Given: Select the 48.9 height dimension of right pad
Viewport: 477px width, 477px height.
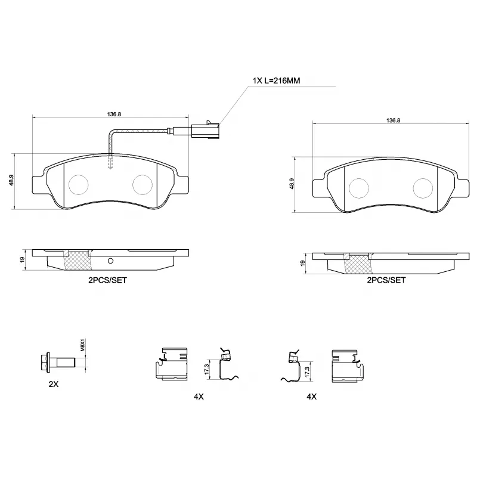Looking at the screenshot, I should [292, 184].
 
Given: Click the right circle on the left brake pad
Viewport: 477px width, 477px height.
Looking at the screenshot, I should [143, 185].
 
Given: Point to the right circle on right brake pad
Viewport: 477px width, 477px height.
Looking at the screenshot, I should [423, 188].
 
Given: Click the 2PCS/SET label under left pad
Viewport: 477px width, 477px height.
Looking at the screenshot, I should [107, 280].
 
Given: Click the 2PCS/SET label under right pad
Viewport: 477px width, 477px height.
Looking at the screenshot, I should [386, 280].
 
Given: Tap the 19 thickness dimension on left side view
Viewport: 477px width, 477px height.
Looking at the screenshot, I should [22, 259].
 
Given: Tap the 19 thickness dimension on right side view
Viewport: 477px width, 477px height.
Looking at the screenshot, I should [302, 263].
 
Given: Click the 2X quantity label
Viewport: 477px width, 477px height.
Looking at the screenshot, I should [54, 385].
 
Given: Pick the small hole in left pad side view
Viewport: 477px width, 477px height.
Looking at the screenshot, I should [110, 261].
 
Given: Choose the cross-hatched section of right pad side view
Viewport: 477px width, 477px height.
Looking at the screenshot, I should [357, 262].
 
